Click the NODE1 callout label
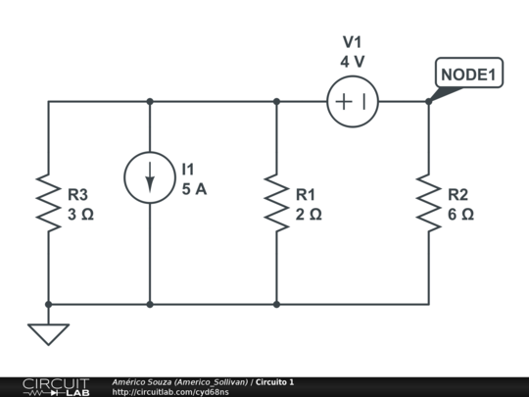pos(469,74)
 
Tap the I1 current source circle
pos(150,177)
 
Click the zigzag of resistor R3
pos(48,203)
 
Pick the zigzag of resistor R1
pos(276,203)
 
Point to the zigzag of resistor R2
pos(428,203)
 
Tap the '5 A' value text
pos(194,189)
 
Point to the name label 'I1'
pos(188,171)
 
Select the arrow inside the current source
pos(150,178)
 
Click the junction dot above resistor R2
pos(428,101)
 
